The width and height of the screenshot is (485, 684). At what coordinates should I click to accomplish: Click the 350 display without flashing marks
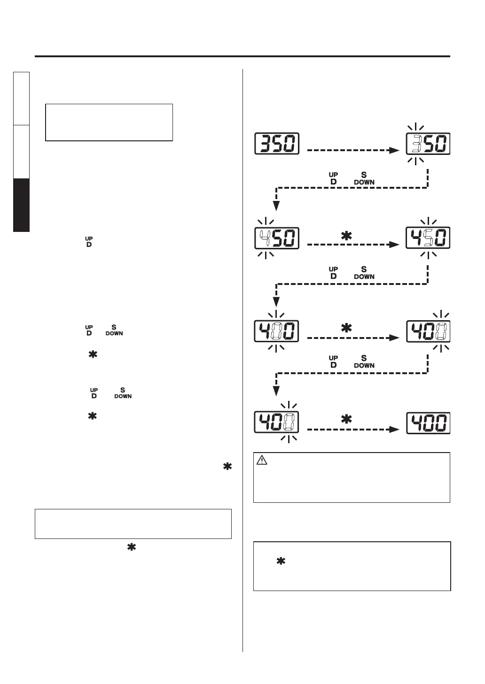(x=277, y=144)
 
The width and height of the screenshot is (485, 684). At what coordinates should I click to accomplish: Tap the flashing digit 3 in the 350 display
(x=416, y=144)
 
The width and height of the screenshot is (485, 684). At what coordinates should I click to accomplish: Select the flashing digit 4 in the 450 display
(x=265, y=238)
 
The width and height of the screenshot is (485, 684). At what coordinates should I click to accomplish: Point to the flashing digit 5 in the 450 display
(x=428, y=238)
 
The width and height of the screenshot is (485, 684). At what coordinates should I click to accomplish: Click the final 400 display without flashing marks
(x=428, y=423)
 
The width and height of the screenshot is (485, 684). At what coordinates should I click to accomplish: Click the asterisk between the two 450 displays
(x=346, y=236)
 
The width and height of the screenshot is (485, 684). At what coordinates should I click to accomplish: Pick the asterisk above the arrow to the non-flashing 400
(x=346, y=420)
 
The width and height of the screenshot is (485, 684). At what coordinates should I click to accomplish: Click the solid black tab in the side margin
(x=22, y=205)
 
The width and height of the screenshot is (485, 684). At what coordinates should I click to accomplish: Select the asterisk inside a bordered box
(x=281, y=561)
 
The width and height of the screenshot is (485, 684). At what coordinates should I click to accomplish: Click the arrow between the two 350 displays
(x=353, y=150)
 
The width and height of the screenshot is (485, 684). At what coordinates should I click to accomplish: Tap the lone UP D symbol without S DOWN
(x=89, y=242)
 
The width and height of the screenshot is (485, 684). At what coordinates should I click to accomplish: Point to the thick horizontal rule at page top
(x=242, y=56)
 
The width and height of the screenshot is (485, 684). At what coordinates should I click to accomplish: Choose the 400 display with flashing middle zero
(x=277, y=331)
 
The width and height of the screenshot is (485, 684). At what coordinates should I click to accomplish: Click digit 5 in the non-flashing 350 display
(x=277, y=144)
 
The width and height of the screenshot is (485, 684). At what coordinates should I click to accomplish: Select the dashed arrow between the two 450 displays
(x=353, y=245)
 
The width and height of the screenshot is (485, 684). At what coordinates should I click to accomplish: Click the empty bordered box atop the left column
(x=109, y=122)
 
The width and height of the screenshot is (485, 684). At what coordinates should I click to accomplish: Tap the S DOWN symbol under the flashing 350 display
(x=364, y=178)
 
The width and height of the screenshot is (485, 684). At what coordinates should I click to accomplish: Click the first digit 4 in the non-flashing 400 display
(x=416, y=423)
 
